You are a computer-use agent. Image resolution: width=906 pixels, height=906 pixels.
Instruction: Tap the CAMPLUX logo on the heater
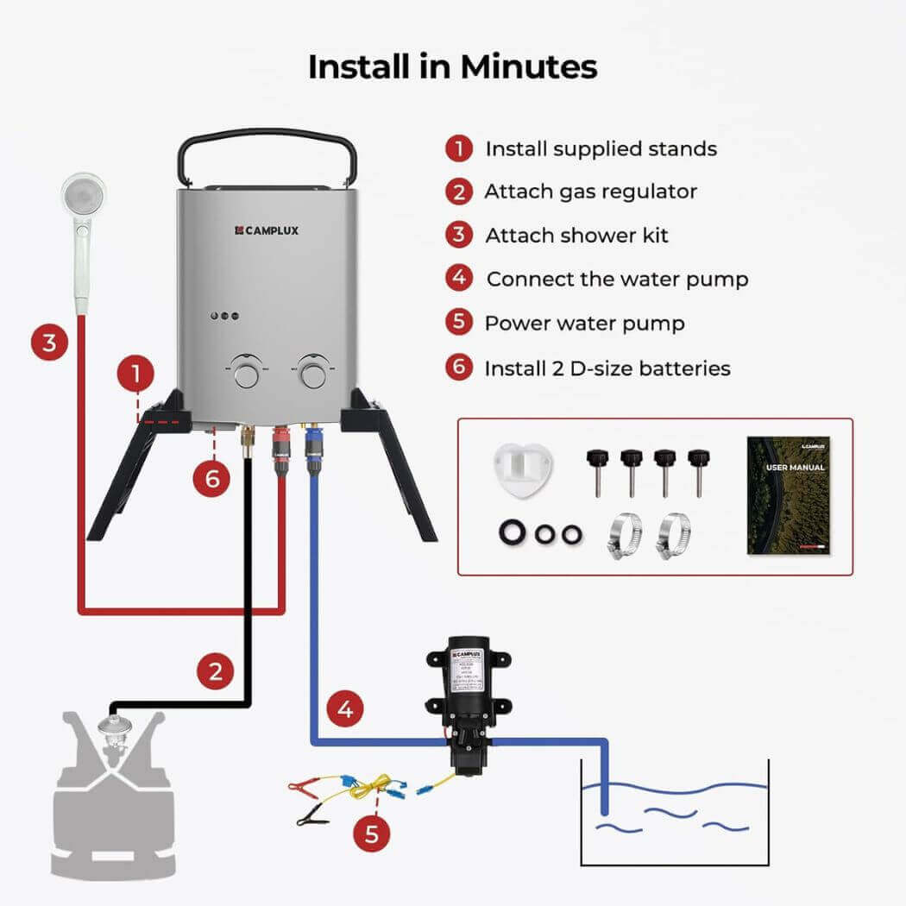(x=268, y=230)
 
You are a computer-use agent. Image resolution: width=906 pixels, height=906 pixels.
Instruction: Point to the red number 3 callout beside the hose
(x=49, y=343)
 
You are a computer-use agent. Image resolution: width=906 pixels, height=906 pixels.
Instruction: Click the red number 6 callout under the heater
(x=212, y=477)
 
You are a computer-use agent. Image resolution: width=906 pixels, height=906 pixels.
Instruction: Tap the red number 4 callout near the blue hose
(x=345, y=710)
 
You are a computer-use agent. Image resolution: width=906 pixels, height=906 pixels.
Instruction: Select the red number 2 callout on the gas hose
(x=215, y=670)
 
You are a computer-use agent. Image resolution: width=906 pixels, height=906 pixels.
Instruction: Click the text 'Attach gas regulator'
(x=590, y=192)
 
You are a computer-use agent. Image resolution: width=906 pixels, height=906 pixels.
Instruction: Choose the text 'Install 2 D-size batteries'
(x=607, y=368)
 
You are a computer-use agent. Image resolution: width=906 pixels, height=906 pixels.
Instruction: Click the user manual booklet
(x=788, y=495)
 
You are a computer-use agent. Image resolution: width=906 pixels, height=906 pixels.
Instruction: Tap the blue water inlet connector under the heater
(x=312, y=450)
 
